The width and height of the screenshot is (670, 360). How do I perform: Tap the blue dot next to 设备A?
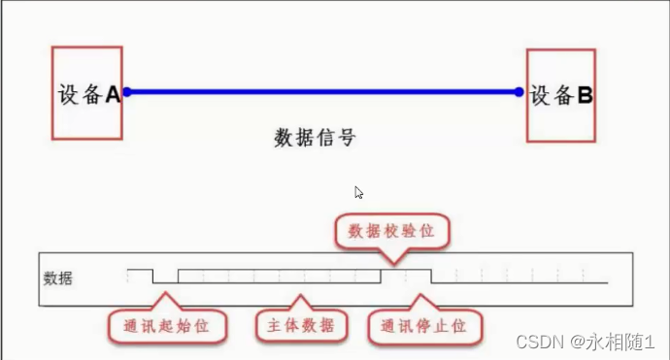click(126, 92)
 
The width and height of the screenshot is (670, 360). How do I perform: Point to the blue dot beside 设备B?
click(519, 92)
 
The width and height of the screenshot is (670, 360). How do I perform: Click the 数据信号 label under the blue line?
click(315, 138)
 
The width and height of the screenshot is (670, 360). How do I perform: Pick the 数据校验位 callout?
click(392, 229)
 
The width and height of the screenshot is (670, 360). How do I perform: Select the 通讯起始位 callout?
click(167, 325)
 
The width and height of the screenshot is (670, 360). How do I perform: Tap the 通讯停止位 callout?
click(424, 325)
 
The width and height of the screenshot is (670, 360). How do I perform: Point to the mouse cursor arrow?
click(358, 192)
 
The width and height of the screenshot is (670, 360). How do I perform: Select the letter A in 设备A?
click(112, 95)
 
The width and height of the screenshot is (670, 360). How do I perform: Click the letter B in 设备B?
click(586, 95)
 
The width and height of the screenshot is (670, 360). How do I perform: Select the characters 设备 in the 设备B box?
click(551, 95)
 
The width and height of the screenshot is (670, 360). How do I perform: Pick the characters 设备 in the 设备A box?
click(79, 95)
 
